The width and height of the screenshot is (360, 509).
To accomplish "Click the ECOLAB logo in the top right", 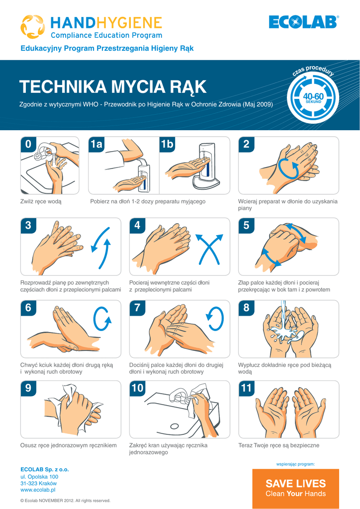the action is click(x=304, y=22).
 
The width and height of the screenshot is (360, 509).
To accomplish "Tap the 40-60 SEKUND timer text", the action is click(x=313, y=98).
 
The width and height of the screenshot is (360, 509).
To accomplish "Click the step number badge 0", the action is click(x=28, y=144).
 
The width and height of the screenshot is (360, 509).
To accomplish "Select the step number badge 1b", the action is click(x=167, y=144).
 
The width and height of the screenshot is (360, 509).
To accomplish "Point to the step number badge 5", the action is click(x=246, y=225).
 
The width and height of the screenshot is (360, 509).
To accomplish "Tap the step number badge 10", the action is click(x=137, y=388).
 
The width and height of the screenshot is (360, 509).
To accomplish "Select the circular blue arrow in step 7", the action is click(x=215, y=319).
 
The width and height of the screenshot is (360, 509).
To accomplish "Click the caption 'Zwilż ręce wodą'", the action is click(x=41, y=202).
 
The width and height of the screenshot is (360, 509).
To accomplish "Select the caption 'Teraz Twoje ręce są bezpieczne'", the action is click(x=279, y=445).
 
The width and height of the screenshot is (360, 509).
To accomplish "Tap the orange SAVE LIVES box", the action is click(x=296, y=488).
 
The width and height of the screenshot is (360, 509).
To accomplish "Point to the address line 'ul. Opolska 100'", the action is click(x=39, y=477).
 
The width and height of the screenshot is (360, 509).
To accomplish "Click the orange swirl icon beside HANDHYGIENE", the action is click(x=32, y=27).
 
